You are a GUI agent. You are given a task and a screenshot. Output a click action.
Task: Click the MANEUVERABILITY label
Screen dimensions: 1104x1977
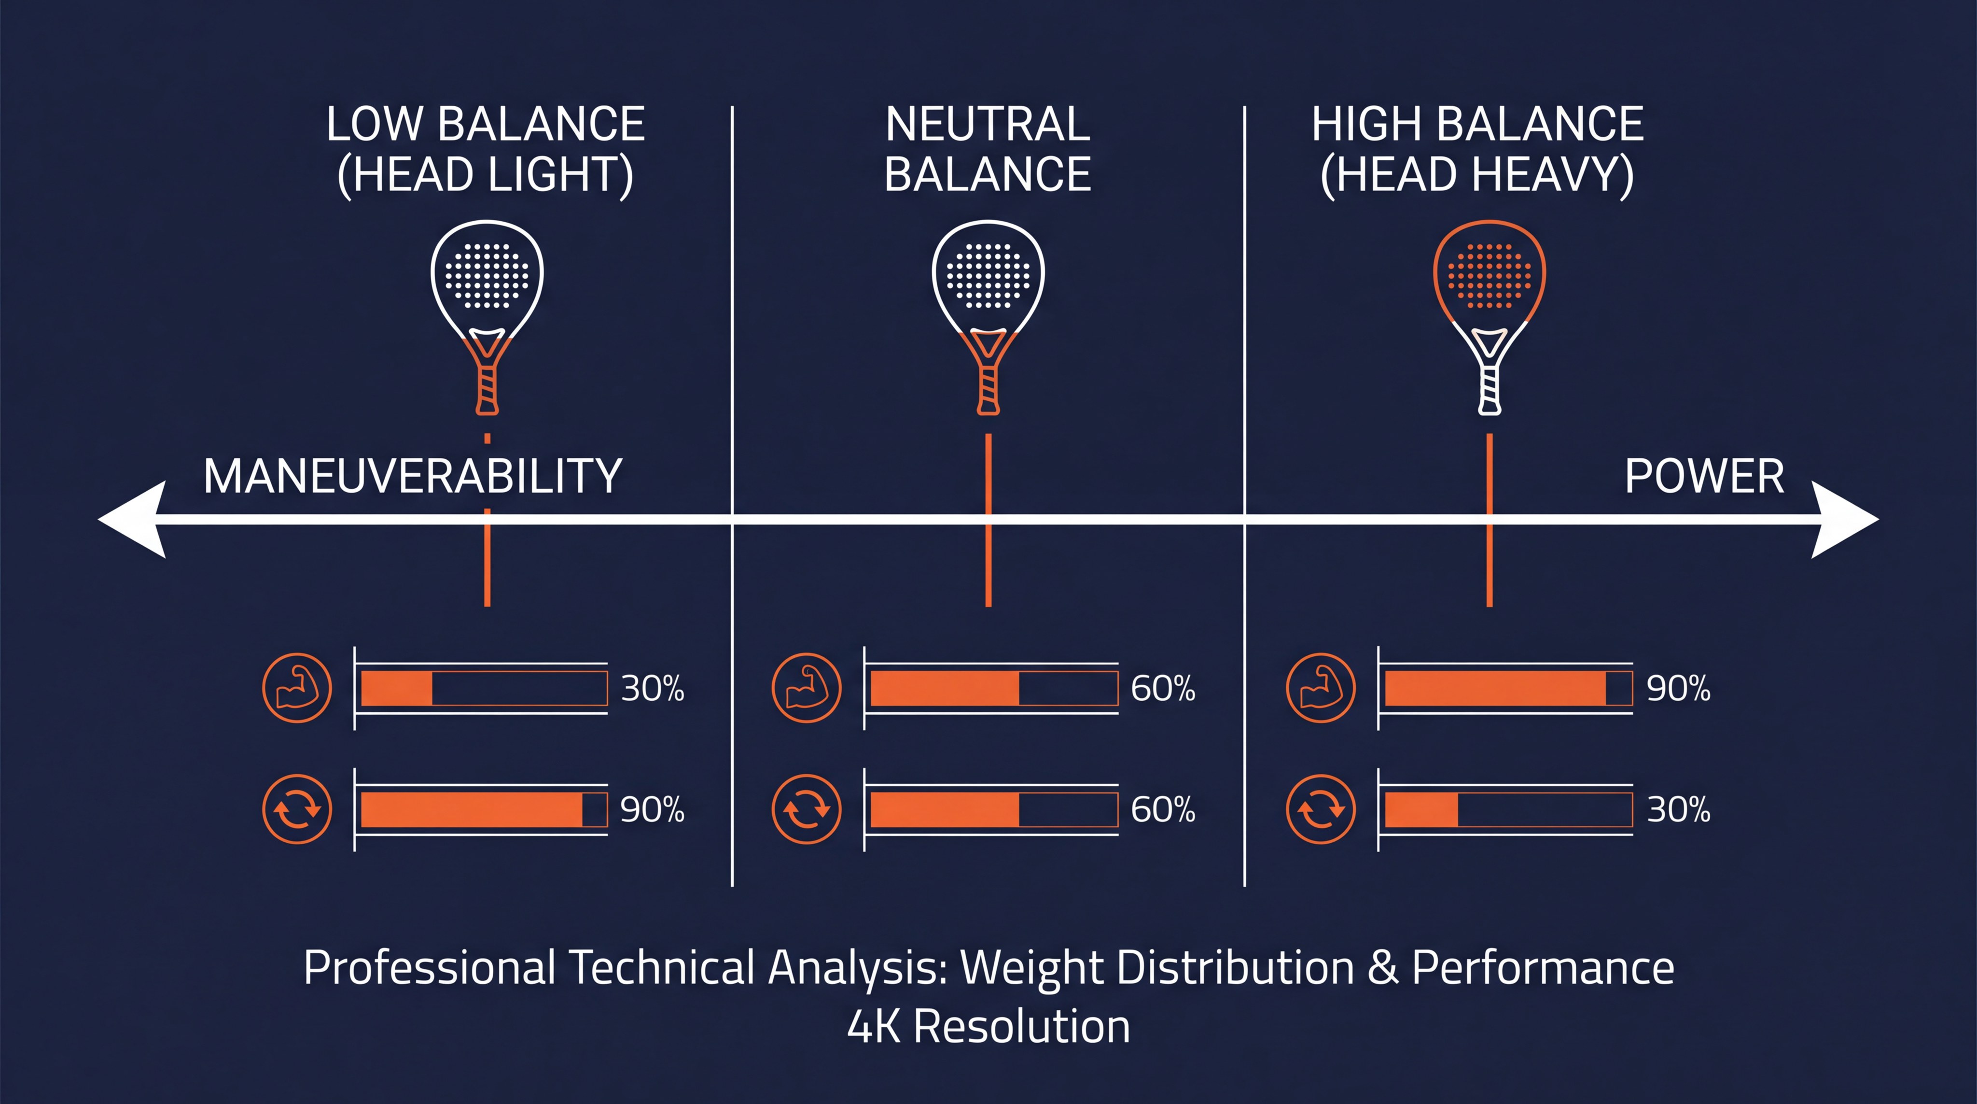(412, 476)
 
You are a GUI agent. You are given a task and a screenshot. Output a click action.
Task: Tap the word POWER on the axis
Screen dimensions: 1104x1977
(1704, 476)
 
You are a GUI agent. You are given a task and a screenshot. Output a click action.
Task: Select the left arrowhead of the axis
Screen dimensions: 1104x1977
(134, 520)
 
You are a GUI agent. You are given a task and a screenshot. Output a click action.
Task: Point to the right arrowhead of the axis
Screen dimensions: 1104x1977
(1842, 520)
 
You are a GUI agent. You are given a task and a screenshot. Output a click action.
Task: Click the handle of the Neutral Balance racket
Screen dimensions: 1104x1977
(988, 388)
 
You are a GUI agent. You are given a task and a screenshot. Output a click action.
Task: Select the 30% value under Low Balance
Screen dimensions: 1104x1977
(653, 688)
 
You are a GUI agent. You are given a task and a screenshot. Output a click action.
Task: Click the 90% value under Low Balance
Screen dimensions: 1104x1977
(653, 809)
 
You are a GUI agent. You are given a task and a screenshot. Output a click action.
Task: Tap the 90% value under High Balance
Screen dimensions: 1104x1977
(1678, 688)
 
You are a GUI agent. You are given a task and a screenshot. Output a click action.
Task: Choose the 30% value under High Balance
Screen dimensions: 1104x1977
(1678, 809)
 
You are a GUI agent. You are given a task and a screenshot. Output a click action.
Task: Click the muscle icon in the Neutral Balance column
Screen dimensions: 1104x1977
(806, 688)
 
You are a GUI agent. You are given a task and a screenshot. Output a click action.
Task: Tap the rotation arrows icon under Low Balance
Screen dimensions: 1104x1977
(297, 809)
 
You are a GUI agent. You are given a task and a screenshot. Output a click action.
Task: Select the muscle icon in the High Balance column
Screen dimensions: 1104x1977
(1320, 688)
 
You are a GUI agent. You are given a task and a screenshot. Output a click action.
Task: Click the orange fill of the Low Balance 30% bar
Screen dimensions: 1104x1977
(396, 688)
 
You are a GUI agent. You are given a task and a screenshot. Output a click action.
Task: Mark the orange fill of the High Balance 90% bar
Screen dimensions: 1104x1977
(1495, 688)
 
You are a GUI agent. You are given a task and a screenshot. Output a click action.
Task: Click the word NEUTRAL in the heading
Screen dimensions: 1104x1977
(988, 125)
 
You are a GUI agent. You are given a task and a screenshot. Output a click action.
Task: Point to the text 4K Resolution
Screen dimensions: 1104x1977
(988, 1026)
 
